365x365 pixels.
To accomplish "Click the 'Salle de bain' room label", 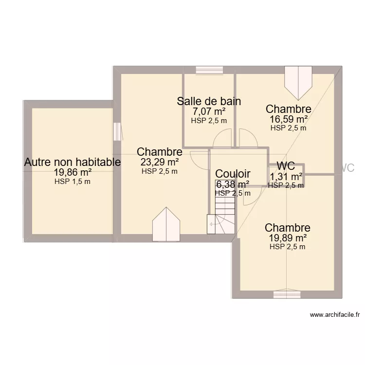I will coord(209,101).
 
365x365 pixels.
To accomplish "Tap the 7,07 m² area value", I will coord(209,112).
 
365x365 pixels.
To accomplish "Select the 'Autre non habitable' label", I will coord(73,163).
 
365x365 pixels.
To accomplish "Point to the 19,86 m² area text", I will coord(73,173).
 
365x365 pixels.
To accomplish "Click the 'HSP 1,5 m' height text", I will coord(73,182).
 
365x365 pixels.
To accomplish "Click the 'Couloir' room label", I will coord(233,174).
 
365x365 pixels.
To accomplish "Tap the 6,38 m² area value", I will coord(233,184).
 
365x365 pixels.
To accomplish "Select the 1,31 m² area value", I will coord(287,177).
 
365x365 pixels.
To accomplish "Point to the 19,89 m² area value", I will coord(288,238).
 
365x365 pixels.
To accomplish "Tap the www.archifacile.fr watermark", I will coord(334,315).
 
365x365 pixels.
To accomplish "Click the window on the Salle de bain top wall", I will coord(209,70).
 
